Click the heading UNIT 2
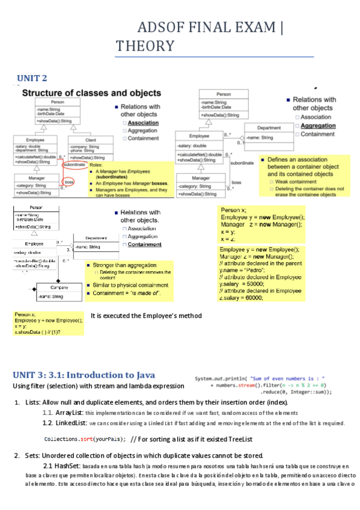point(31,78)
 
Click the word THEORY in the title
point(145,46)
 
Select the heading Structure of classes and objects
point(91,93)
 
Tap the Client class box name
point(90,140)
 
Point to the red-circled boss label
point(69,182)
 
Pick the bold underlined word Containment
point(145,245)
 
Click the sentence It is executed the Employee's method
point(146,316)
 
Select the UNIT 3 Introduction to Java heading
point(90,374)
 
